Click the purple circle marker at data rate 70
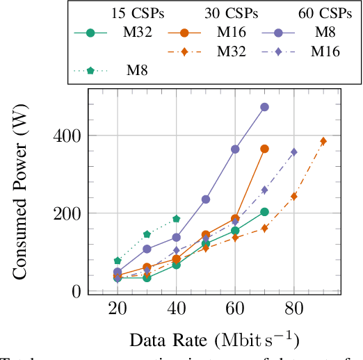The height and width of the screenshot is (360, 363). click(x=264, y=107)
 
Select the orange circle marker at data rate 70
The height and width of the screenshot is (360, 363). click(x=264, y=149)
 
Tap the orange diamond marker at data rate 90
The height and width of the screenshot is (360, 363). click(x=323, y=141)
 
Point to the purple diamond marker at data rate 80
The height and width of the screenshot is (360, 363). click(x=293, y=152)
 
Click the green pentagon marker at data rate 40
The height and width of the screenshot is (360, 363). click(x=177, y=219)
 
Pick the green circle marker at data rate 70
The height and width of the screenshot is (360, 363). click(x=264, y=212)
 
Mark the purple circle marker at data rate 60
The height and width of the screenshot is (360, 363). click(x=235, y=149)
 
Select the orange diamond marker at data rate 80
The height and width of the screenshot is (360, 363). click(x=293, y=196)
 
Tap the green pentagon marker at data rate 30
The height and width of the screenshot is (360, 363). click(x=147, y=234)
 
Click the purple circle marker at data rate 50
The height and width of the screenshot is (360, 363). click(x=206, y=199)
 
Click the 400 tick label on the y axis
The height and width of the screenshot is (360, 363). click(x=67, y=136)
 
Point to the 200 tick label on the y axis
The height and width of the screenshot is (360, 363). click(x=67, y=213)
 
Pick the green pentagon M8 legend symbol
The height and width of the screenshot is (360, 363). click(x=94, y=69)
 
